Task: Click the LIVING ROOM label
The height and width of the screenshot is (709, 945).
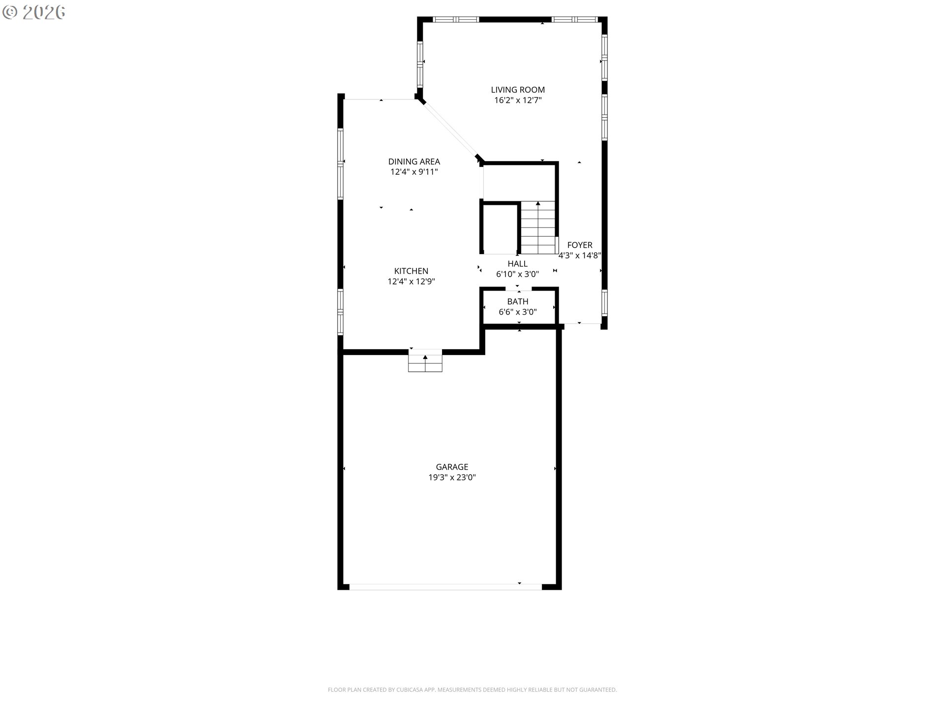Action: pyautogui.click(x=518, y=90)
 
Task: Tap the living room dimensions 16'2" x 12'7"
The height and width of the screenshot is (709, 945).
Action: pyautogui.click(x=518, y=100)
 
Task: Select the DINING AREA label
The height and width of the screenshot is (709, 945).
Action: pyautogui.click(x=414, y=161)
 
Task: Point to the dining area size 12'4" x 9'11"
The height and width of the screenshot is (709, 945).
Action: pyautogui.click(x=414, y=172)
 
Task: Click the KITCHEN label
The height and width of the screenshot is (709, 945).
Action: pyautogui.click(x=411, y=271)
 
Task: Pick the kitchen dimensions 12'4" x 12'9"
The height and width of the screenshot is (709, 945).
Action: pyautogui.click(x=411, y=282)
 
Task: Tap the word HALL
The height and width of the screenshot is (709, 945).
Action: pyautogui.click(x=518, y=264)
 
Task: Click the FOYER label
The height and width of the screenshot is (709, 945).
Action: pyautogui.click(x=580, y=245)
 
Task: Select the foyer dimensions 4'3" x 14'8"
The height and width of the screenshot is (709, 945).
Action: pyautogui.click(x=580, y=256)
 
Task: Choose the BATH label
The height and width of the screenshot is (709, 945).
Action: pyautogui.click(x=518, y=301)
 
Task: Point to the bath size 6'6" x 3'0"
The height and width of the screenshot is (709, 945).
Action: pyautogui.click(x=518, y=312)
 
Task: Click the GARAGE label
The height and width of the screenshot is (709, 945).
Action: pyautogui.click(x=452, y=467)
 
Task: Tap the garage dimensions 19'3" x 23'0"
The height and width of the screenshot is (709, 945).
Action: pyautogui.click(x=452, y=478)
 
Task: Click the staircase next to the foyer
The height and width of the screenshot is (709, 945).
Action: pyautogui.click(x=538, y=227)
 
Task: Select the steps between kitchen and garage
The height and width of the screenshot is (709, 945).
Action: pyautogui.click(x=425, y=362)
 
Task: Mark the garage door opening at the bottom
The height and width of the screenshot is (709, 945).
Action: pyautogui.click(x=445, y=587)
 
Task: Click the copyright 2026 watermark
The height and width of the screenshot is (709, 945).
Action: pyautogui.click(x=34, y=12)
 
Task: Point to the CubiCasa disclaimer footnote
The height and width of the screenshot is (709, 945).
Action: pyautogui.click(x=472, y=690)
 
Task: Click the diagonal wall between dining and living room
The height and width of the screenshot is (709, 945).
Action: pyautogui.click(x=450, y=129)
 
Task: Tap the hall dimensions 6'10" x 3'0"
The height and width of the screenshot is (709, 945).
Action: pyautogui.click(x=518, y=274)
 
